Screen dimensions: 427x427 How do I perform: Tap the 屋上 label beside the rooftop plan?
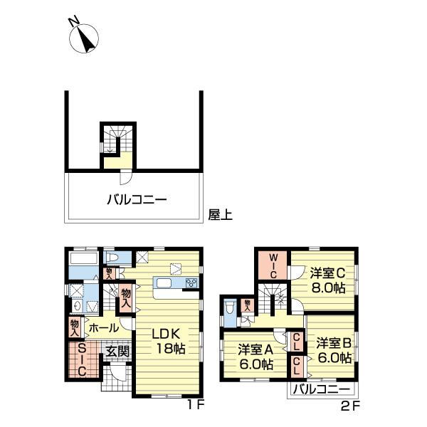pos(220,213)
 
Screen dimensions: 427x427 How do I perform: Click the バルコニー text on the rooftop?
pos(137,200)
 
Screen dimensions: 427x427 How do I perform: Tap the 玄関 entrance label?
pos(117,350)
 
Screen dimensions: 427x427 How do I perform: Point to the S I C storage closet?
pos(81,359)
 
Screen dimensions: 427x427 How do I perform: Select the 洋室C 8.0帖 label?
pos(327,280)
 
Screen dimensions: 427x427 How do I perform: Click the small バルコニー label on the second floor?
pos(322,390)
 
